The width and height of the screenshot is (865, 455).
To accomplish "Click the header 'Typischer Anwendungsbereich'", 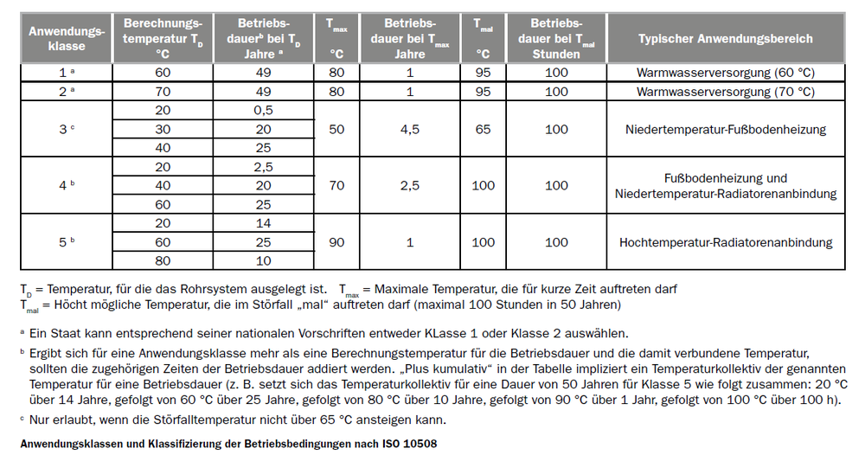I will coord(725,39).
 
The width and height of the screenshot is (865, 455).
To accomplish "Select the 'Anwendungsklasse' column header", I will coord(67,39).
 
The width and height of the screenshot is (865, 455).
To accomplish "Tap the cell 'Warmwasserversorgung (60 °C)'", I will coord(725,73).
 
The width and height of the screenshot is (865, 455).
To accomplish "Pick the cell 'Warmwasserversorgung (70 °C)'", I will coord(725,91).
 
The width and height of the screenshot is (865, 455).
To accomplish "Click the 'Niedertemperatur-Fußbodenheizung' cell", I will coord(725,130).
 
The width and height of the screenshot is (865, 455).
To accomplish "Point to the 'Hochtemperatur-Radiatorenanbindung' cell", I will coord(725,243).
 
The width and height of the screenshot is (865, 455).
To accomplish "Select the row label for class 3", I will coord(67,130).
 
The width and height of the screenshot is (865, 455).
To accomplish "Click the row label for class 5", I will coord(67,243).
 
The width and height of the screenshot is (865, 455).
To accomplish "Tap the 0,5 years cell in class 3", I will coord(264,111).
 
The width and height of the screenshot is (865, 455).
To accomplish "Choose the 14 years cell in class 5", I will coord(264,224).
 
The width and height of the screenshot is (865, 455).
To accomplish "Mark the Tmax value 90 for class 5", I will coord(336,243).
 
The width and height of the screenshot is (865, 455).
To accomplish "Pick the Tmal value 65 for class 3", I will coord(483,130).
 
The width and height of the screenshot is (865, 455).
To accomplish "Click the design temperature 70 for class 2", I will coord(163,91).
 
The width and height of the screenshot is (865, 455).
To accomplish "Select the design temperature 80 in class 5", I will coord(163,261).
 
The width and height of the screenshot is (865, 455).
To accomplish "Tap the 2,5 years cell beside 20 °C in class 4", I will coord(264,167).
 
